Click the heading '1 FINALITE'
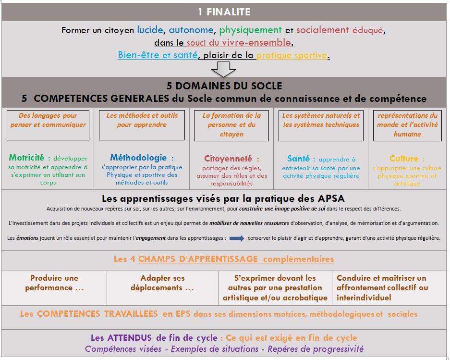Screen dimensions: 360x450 click(x=224, y=11)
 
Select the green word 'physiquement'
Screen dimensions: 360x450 click(x=250, y=30)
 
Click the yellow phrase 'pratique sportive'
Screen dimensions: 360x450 click(x=292, y=55)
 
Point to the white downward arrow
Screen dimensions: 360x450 click(x=223, y=69)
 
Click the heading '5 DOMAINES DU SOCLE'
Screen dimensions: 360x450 click(x=224, y=87)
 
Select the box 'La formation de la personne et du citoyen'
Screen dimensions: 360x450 click(x=232, y=124)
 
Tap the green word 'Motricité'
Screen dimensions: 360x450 click(x=26, y=158)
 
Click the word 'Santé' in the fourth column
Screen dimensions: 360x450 click(x=298, y=159)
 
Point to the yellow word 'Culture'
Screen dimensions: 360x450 click(x=403, y=159)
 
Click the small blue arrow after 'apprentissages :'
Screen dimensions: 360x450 click(x=237, y=238)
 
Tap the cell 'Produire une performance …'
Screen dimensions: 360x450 click(x=54, y=283)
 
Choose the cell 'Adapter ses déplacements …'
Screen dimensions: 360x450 click(x=162, y=283)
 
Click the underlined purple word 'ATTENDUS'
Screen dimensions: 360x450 click(x=129, y=338)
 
